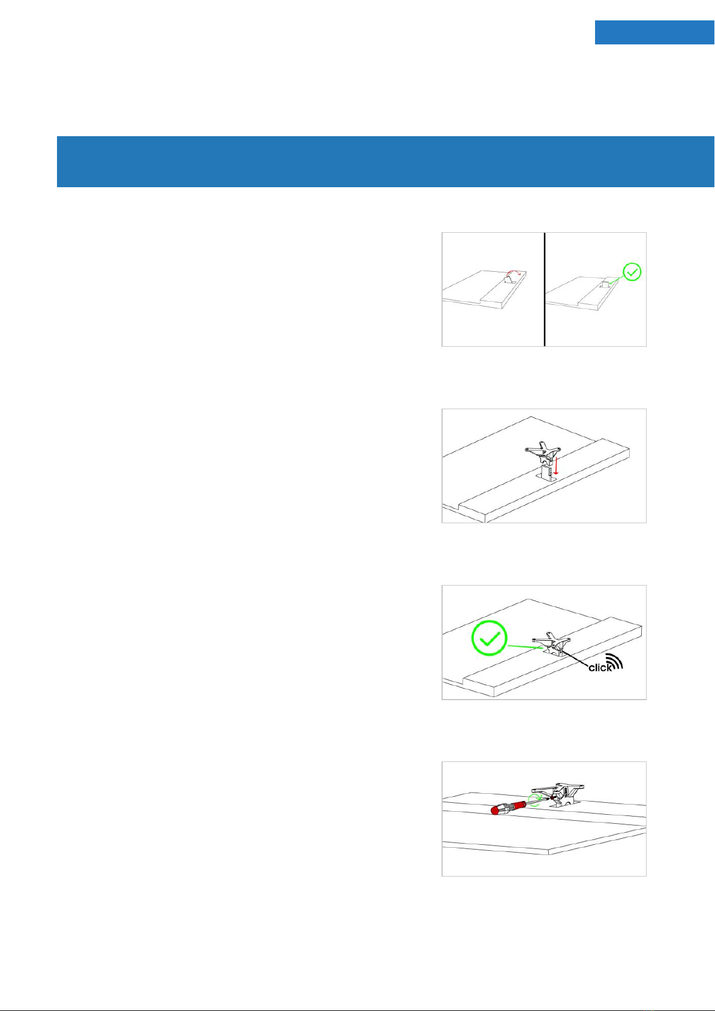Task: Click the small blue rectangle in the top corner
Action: [654, 32]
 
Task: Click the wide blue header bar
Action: [386, 161]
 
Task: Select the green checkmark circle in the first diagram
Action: [632, 272]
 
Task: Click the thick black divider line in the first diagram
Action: [545, 289]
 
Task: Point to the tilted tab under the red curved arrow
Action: [509, 280]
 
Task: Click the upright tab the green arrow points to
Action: [605, 284]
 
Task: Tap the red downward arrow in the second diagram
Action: [557, 466]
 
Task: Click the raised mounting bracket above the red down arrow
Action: [542, 454]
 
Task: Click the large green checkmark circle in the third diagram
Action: [489, 638]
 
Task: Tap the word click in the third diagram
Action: [600, 668]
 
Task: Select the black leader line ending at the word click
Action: [576, 657]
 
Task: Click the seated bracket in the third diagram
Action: [551, 644]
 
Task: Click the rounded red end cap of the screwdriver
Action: [495, 810]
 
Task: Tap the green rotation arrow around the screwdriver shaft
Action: [535, 800]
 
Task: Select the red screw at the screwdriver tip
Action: [551, 798]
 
